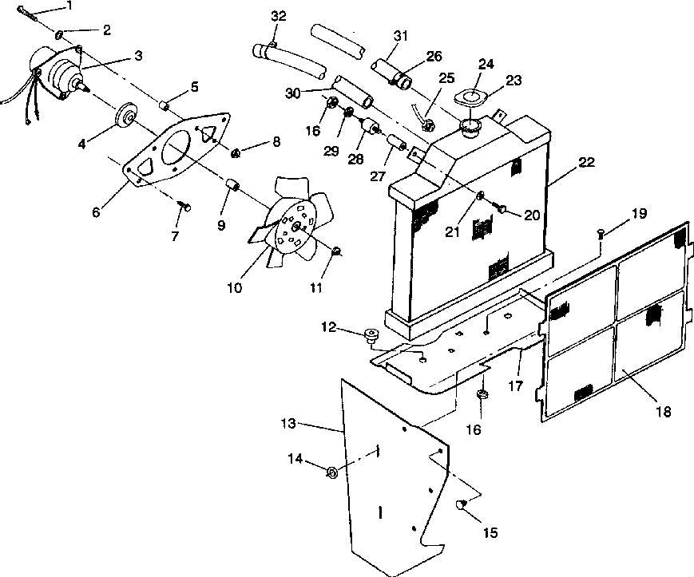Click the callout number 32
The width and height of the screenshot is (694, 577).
tap(279, 16)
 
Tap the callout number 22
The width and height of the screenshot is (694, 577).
tap(586, 162)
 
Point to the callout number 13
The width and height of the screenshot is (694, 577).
tap(288, 423)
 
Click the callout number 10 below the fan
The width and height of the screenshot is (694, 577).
tap(235, 288)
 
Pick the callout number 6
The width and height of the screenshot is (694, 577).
tap(96, 212)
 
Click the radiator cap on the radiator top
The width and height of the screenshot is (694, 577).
tap(470, 127)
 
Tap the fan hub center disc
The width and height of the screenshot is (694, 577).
tap(295, 227)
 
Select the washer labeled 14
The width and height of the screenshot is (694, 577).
tap(331, 472)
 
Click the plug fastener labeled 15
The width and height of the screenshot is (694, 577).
tap(460, 504)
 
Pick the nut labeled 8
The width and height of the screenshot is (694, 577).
tap(236, 153)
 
